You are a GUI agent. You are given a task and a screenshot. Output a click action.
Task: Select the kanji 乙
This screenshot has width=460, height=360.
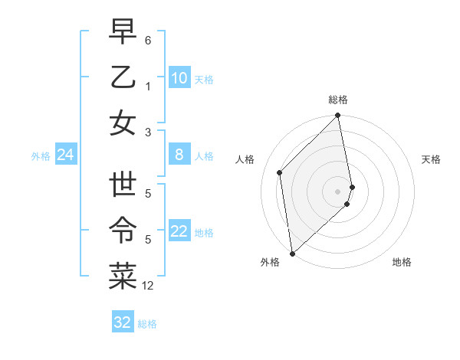(123, 77)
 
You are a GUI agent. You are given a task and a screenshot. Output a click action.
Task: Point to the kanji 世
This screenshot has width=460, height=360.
(123, 186)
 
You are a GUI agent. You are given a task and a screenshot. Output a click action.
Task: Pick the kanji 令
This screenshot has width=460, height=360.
(123, 231)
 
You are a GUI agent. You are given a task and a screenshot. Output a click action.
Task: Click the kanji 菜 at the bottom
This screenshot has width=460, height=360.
(123, 277)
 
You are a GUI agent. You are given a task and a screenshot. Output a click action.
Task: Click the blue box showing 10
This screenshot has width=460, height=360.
(179, 78)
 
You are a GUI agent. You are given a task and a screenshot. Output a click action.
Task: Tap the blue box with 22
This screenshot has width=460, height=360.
(179, 232)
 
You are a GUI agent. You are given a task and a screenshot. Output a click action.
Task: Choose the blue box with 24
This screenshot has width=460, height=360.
(65, 155)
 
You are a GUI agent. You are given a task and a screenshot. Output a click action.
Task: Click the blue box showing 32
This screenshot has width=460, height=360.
(123, 322)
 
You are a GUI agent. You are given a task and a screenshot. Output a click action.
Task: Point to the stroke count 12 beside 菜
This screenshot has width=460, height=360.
(149, 286)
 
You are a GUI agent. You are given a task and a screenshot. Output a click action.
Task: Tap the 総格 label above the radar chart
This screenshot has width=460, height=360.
(338, 100)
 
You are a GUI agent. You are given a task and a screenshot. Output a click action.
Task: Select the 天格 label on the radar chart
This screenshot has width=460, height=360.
(431, 159)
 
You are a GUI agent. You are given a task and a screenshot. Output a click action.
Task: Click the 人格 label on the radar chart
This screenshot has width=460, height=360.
(245, 159)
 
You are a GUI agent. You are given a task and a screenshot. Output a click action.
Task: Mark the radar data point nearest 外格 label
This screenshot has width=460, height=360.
(292, 253)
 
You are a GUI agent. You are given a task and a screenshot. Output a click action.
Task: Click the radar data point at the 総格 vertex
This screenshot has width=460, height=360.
(338, 116)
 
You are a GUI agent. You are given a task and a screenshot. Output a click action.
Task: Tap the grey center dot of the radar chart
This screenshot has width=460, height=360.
(338, 191)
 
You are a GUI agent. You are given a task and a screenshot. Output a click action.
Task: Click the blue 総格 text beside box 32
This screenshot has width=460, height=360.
(147, 324)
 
